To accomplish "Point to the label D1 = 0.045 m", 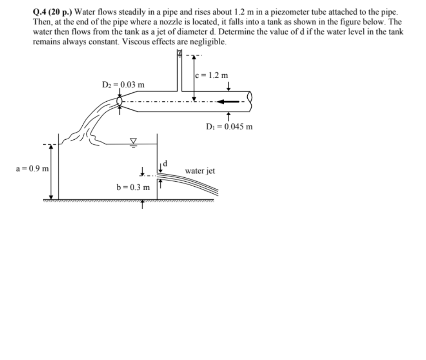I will click(230, 127).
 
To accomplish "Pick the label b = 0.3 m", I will click(133, 187).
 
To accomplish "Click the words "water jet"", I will click(200, 171).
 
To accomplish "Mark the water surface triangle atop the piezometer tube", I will click(180, 53).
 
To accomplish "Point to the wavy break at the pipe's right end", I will click(250, 96).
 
